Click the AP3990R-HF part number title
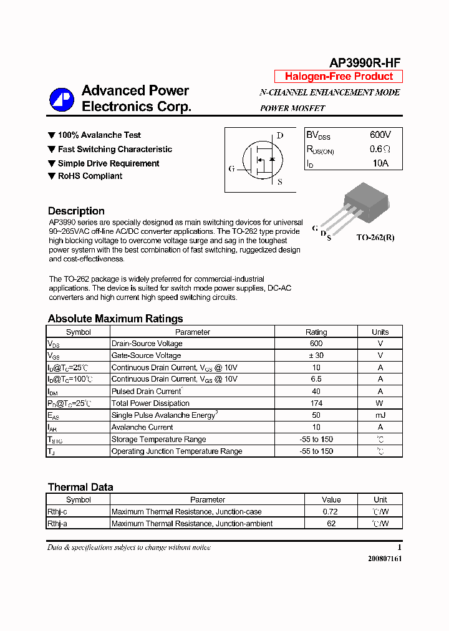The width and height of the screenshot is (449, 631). point(364,62)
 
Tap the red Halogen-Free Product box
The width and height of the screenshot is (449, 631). point(339,77)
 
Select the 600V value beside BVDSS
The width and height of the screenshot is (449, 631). point(380,135)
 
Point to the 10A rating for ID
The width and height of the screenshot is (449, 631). point(380,163)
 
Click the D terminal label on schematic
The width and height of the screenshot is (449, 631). point(280,135)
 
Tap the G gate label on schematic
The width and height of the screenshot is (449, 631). point(232,169)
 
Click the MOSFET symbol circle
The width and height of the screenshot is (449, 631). point(262,161)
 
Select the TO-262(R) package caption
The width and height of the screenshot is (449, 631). point(375,238)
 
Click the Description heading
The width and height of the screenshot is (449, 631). point(76,211)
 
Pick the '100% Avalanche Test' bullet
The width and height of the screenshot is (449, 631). point(99,135)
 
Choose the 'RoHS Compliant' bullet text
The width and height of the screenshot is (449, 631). point(90,176)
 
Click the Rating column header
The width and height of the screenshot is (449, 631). point(316,332)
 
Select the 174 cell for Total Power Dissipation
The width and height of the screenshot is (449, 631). point(316,403)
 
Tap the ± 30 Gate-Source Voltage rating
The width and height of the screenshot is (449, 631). point(316,355)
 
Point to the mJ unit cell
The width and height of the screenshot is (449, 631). point(380,415)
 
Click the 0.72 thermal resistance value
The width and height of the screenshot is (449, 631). point(331,512)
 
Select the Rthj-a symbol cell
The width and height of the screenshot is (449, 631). point(58,524)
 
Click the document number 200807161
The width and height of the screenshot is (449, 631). point(385,559)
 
